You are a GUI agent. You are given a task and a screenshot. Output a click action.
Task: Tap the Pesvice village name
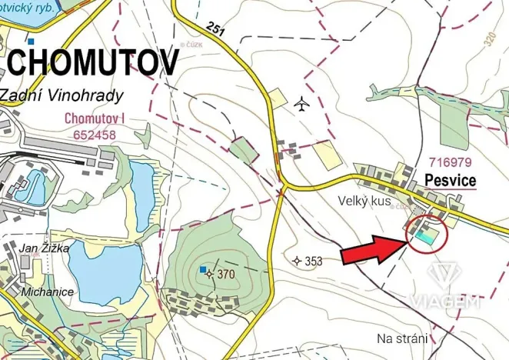click(450, 182)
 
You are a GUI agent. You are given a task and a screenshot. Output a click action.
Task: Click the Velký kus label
click(364, 202)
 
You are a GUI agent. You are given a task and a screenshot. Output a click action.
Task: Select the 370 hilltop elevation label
click(225, 274)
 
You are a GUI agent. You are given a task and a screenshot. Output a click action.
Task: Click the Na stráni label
click(402, 338)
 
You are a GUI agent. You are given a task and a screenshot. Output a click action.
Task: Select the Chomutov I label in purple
click(95, 118)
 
